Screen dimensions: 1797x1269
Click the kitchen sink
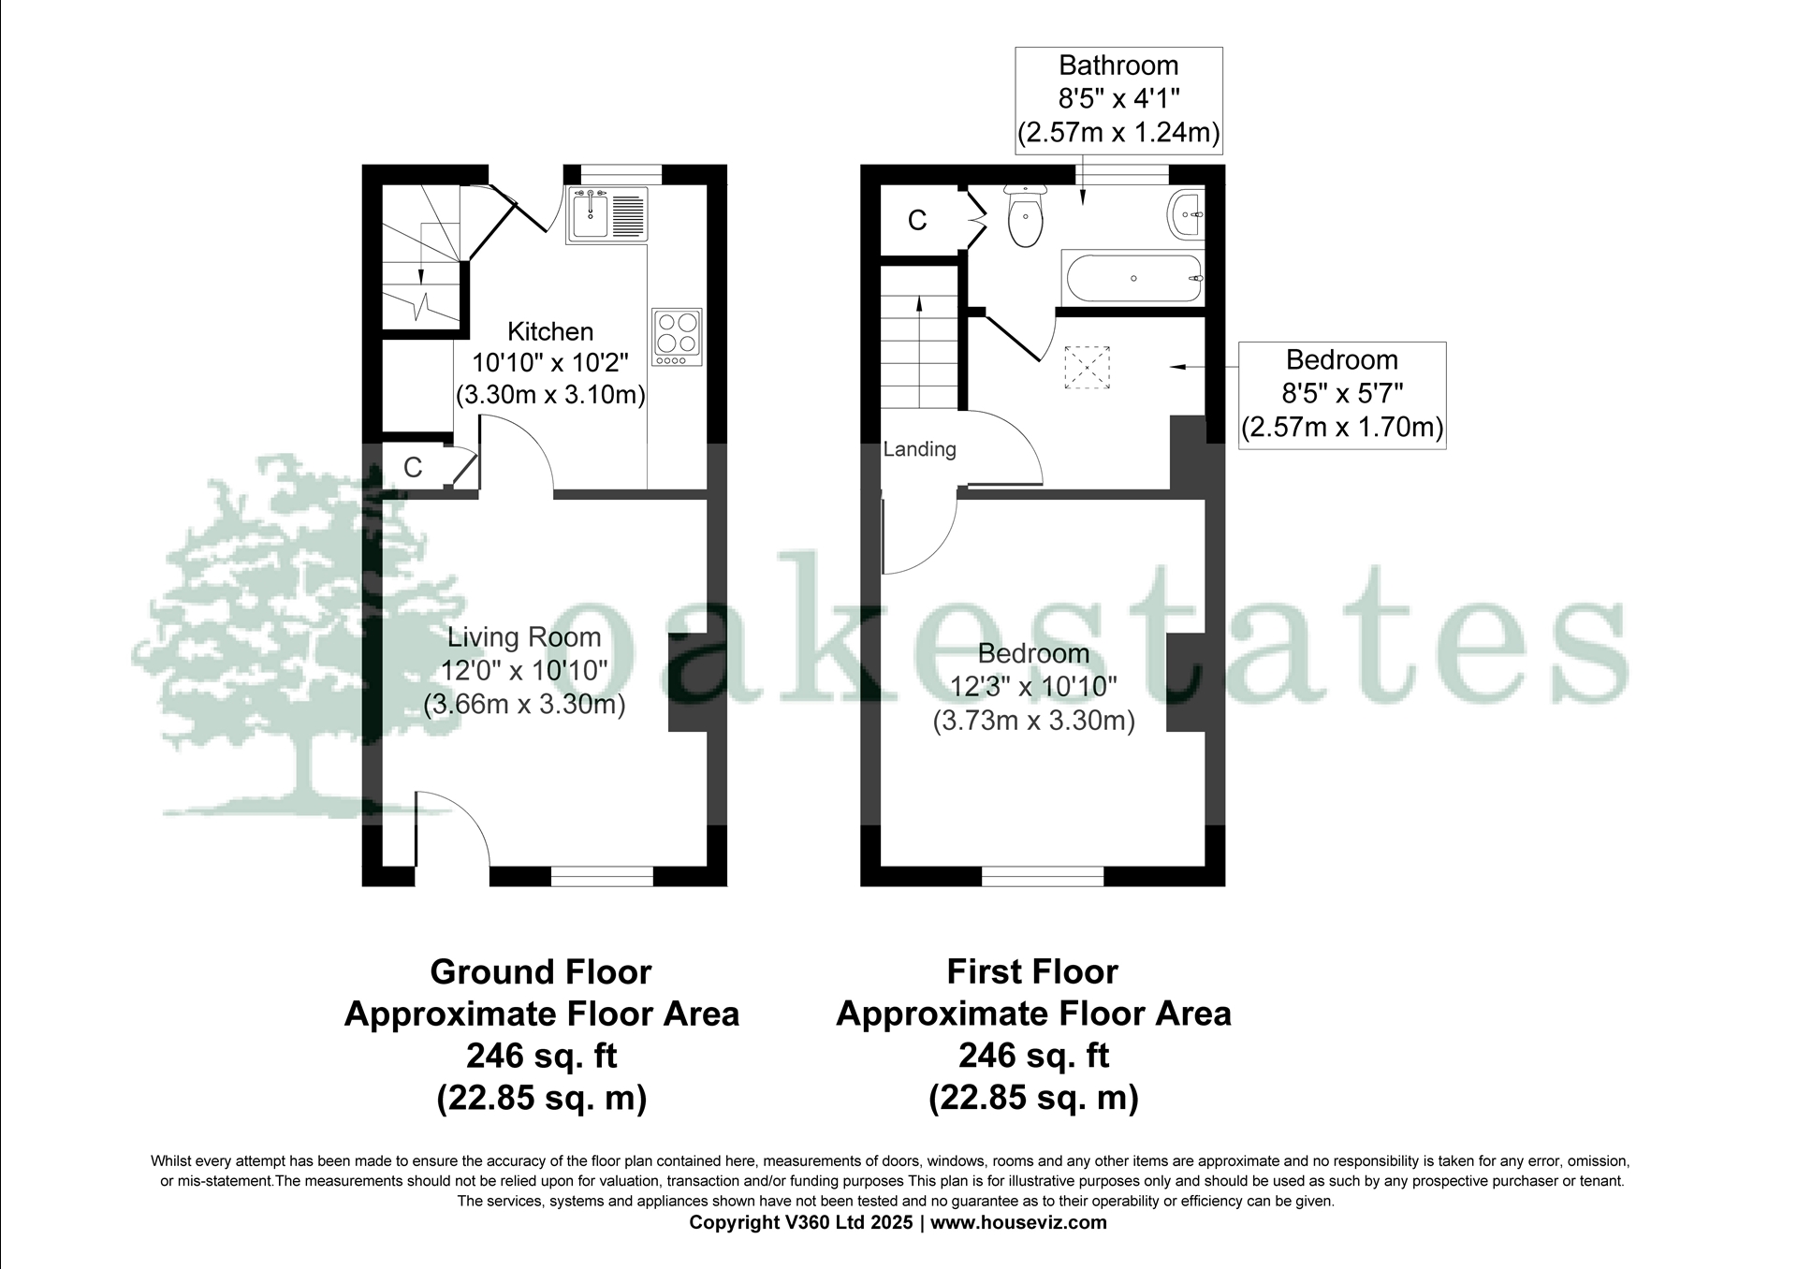606,215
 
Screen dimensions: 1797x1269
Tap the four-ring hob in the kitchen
677,337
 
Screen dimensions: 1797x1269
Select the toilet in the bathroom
1025,215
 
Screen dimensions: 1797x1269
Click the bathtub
1132,278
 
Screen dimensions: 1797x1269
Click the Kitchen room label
550,331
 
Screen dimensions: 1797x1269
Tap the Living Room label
524,637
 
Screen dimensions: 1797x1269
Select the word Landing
920,449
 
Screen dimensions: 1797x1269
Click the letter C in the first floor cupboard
917,220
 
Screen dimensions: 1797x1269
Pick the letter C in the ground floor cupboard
413,467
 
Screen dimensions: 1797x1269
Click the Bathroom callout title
1118,66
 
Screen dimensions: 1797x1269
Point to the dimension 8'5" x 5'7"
1342,393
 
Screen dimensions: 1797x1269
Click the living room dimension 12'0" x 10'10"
524,670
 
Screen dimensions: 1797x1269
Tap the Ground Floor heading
541,972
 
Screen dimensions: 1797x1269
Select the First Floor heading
1032,972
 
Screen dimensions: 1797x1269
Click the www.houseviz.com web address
1018,1222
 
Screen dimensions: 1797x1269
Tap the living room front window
602,876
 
